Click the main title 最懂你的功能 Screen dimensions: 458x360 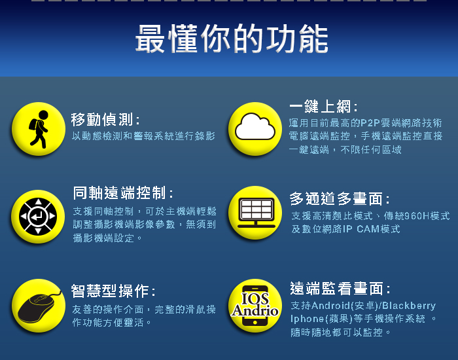click(232, 39)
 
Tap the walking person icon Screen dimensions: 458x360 click(39, 129)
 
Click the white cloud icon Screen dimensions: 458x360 click(255, 127)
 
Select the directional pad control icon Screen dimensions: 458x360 click(38, 217)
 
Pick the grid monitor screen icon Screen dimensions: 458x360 click(256, 213)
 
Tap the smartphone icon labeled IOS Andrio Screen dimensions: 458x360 click(255, 306)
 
